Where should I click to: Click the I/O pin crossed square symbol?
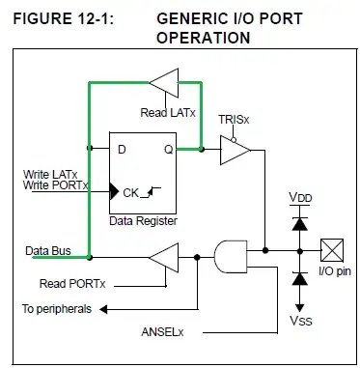click(x=332, y=250)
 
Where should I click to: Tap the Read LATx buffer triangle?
click(x=164, y=83)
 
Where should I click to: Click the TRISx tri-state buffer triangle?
click(x=235, y=150)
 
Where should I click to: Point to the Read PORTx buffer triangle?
click(x=164, y=258)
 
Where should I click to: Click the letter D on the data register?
click(x=122, y=150)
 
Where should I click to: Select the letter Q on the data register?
click(x=169, y=150)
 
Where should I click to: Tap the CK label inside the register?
click(x=131, y=193)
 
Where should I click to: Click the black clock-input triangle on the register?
click(x=114, y=192)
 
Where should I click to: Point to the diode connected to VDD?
click(x=300, y=224)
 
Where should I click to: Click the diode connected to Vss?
click(x=300, y=279)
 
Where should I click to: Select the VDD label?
click(x=300, y=197)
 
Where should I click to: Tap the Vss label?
click(x=301, y=321)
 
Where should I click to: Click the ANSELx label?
click(x=162, y=332)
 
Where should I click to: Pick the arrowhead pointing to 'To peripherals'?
click(x=103, y=309)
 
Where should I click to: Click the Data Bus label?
click(x=48, y=251)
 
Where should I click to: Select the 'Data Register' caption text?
click(x=143, y=221)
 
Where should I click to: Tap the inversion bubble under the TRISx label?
click(x=234, y=140)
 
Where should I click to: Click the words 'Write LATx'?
click(x=50, y=175)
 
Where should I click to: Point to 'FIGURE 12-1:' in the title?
click(x=64, y=19)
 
